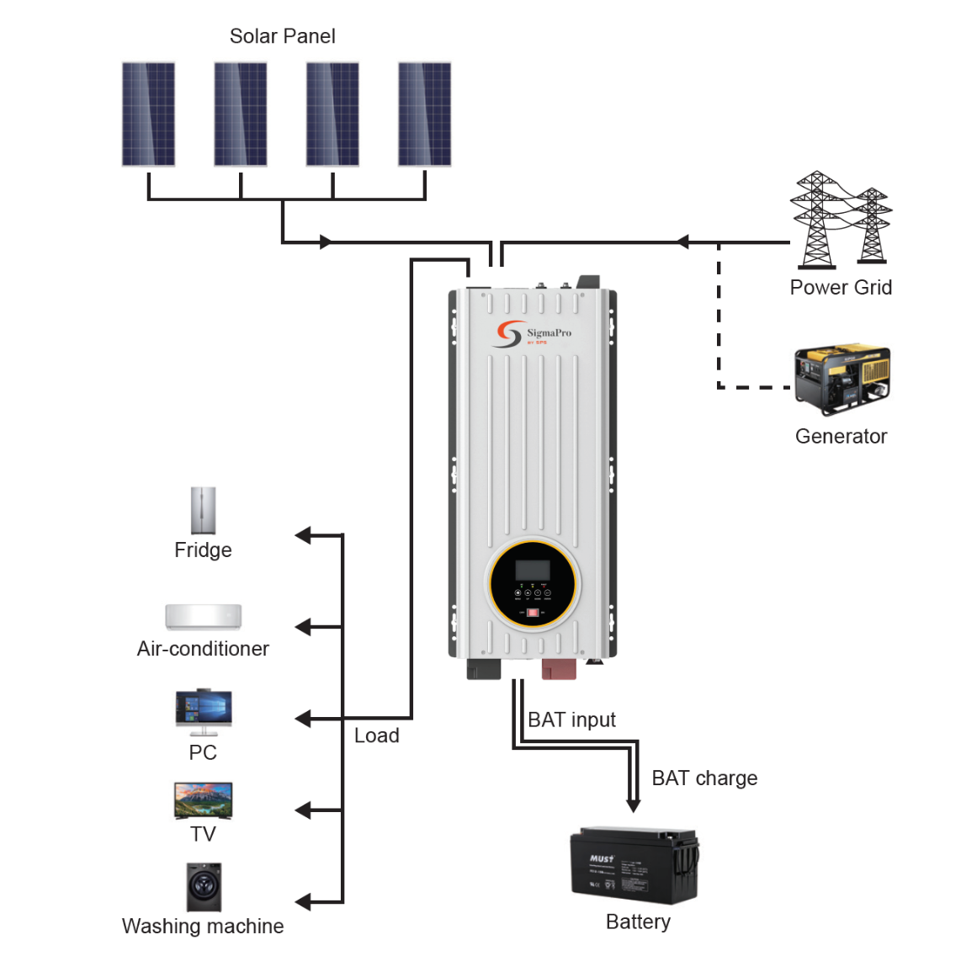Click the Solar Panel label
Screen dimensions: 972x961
[x=282, y=36]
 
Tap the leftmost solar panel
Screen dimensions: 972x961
[x=149, y=114]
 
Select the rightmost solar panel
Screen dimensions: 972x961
[x=424, y=114]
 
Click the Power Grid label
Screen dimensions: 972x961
[x=841, y=288]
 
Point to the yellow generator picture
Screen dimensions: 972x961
[x=842, y=379]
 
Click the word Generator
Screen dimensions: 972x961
[x=841, y=436]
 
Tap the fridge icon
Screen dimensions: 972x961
[x=203, y=510]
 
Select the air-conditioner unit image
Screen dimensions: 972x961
[x=203, y=616]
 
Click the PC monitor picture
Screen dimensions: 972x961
[x=203, y=712]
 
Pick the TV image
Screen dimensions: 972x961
[x=203, y=800]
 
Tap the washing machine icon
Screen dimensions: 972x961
[x=204, y=887]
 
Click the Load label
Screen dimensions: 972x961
[x=376, y=736]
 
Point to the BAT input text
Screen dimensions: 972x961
[x=571, y=720]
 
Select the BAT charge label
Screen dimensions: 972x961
[x=704, y=778]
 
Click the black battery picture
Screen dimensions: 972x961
[x=634, y=865]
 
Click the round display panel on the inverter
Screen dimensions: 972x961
[x=532, y=584]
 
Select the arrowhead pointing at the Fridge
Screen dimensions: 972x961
[x=303, y=535]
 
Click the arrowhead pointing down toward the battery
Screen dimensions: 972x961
[x=634, y=805]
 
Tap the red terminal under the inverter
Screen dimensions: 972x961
[x=558, y=669]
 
